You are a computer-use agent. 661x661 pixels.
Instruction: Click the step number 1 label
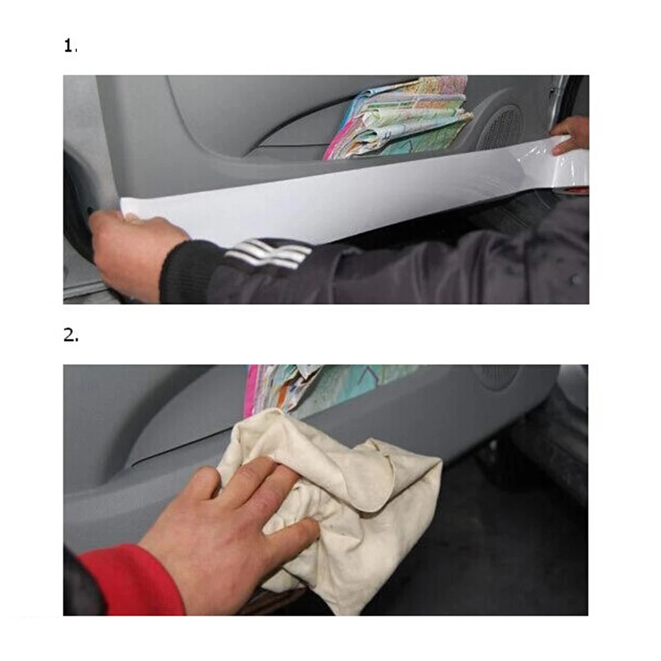70,46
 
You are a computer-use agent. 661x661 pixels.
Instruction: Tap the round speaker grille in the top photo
501,126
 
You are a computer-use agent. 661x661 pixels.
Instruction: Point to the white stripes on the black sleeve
271,252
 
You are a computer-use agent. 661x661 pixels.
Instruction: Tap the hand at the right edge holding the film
571,136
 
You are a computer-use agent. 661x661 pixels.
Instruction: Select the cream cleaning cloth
361,491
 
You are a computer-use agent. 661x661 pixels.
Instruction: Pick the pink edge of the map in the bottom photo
250,391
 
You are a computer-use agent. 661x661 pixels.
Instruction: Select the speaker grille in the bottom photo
497,376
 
